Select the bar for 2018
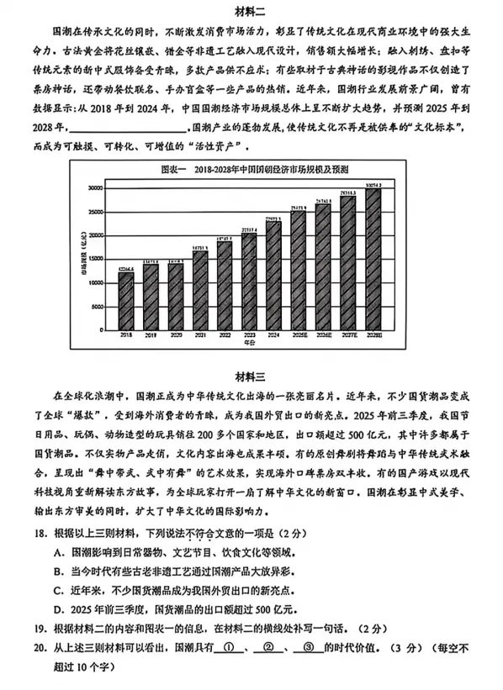tap(125, 299)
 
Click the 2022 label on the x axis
tap(225, 334)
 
